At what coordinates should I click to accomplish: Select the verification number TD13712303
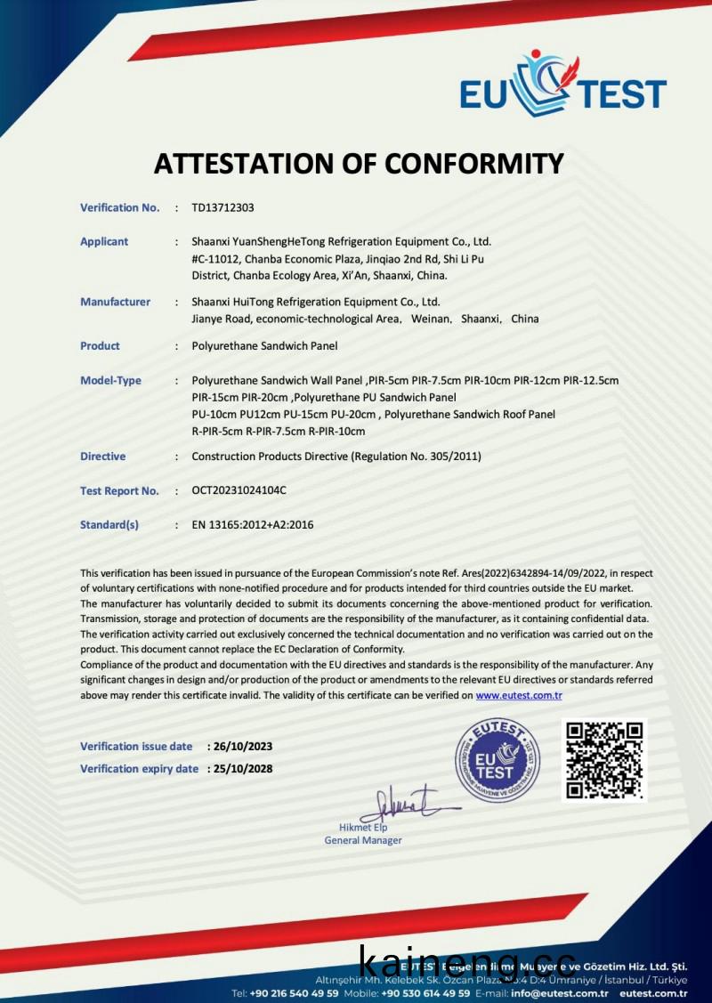point(222,207)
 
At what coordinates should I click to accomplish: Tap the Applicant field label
point(104,241)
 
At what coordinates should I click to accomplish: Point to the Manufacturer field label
point(115,302)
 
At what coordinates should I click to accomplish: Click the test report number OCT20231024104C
point(239,490)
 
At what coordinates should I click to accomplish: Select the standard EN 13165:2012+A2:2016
point(253,525)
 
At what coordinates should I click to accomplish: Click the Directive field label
point(102,457)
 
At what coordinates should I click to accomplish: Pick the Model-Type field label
point(110,380)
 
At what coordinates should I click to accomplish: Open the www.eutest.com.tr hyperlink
point(519,695)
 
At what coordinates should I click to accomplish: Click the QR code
point(604,759)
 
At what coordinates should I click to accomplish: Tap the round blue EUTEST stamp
point(498,759)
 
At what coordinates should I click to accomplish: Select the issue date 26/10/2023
point(242,746)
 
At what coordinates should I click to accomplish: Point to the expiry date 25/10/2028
point(242,769)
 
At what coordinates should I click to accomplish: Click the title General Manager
point(363,840)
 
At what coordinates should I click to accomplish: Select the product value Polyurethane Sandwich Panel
point(264,345)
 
